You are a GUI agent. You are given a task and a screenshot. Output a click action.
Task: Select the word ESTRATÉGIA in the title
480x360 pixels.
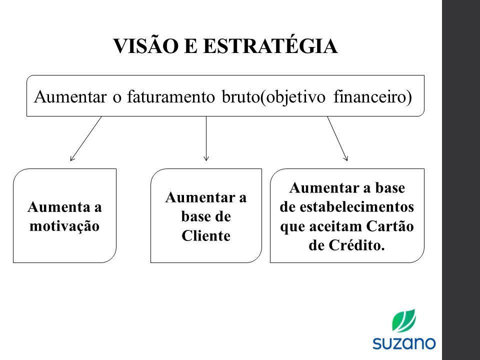tap(270, 45)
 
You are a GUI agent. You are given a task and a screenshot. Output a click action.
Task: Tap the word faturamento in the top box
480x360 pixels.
tap(171, 96)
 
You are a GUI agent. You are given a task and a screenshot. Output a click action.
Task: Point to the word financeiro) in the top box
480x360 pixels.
tap(372, 97)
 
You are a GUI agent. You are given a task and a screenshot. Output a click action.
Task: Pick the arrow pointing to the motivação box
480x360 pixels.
tap(85, 138)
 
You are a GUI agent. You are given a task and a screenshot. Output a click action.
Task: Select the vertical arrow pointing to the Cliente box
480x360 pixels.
tap(206, 138)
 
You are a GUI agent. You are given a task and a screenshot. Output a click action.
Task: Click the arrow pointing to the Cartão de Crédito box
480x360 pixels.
tap(337, 138)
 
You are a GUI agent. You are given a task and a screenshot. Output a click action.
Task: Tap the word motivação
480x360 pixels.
tap(64, 226)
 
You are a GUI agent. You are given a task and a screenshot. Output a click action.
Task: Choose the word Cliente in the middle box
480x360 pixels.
tap(205, 235)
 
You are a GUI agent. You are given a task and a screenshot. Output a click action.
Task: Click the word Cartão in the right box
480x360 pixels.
tap(390, 226)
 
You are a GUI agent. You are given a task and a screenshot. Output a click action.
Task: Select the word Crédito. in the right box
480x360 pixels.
tap(356, 245)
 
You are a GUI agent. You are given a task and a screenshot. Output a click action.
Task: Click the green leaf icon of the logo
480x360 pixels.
tap(404, 320)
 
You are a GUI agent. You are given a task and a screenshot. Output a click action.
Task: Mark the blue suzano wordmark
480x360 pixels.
tap(404, 343)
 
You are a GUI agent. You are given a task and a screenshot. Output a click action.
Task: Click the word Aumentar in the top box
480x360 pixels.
tap(70, 97)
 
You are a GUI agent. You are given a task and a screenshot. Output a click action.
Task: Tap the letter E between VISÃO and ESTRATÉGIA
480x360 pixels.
tap(190, 46)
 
